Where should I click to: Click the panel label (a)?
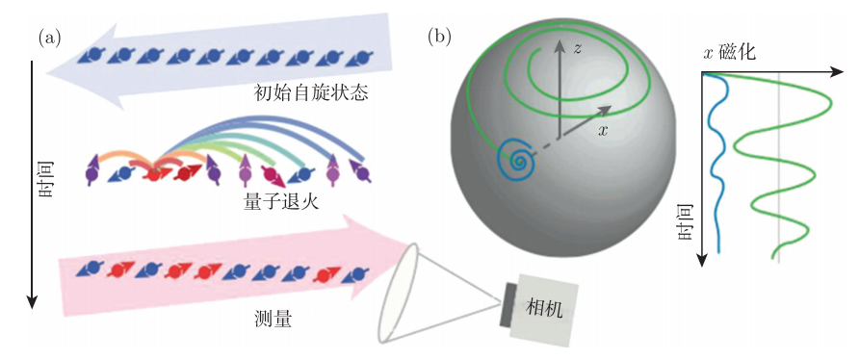[49, 39]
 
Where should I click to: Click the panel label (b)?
[440, 37]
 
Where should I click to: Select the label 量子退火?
[281, 203]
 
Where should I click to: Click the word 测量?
[273, 318]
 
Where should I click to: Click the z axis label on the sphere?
[575, 49]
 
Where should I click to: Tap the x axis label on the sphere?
[603, 129]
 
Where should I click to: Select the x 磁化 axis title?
[728, 52]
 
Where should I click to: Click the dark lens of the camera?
[506, 306]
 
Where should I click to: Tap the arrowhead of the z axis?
[559, 46]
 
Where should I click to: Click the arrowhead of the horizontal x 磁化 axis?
[837, 72]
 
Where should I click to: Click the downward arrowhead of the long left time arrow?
[33, 302]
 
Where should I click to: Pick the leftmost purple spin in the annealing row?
[92, 168]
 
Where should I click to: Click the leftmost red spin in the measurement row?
[118, 270]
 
